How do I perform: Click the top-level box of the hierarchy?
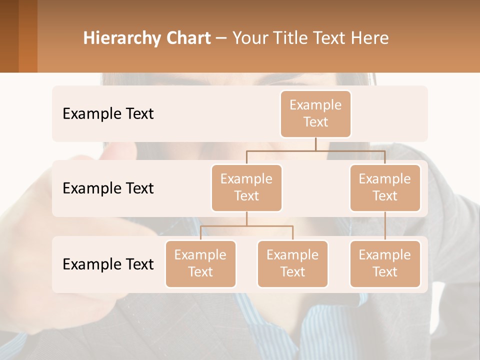click(x=315, y=113)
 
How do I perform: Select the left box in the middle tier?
click(x=246, y=187)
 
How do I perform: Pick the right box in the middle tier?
click(x=385, y=187)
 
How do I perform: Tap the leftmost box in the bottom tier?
click(x=200, y=263)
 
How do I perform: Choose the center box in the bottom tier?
click(x=292, y=263)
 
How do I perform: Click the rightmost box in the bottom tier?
click(x=385, y=263)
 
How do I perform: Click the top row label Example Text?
click(x=108, y=114)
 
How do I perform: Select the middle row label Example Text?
click(x=108, y=188)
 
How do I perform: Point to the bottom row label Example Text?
click(x=108, y=264)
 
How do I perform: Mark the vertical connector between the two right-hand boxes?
click(x=385, y=226)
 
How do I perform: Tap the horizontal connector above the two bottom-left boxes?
click(x=246, y=226)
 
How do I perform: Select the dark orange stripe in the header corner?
click(x=27, y=36)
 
